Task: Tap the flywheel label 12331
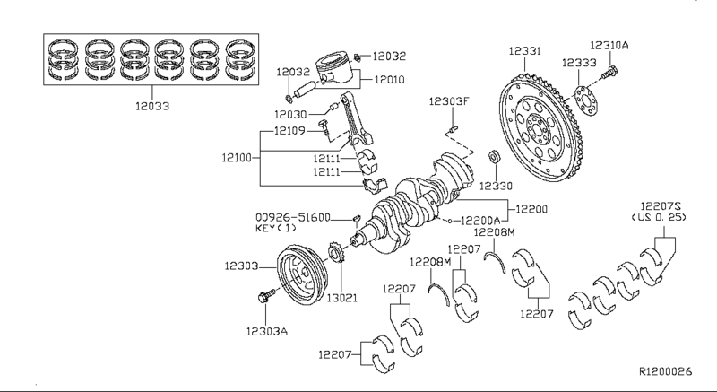524,52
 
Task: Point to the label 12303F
448,101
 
